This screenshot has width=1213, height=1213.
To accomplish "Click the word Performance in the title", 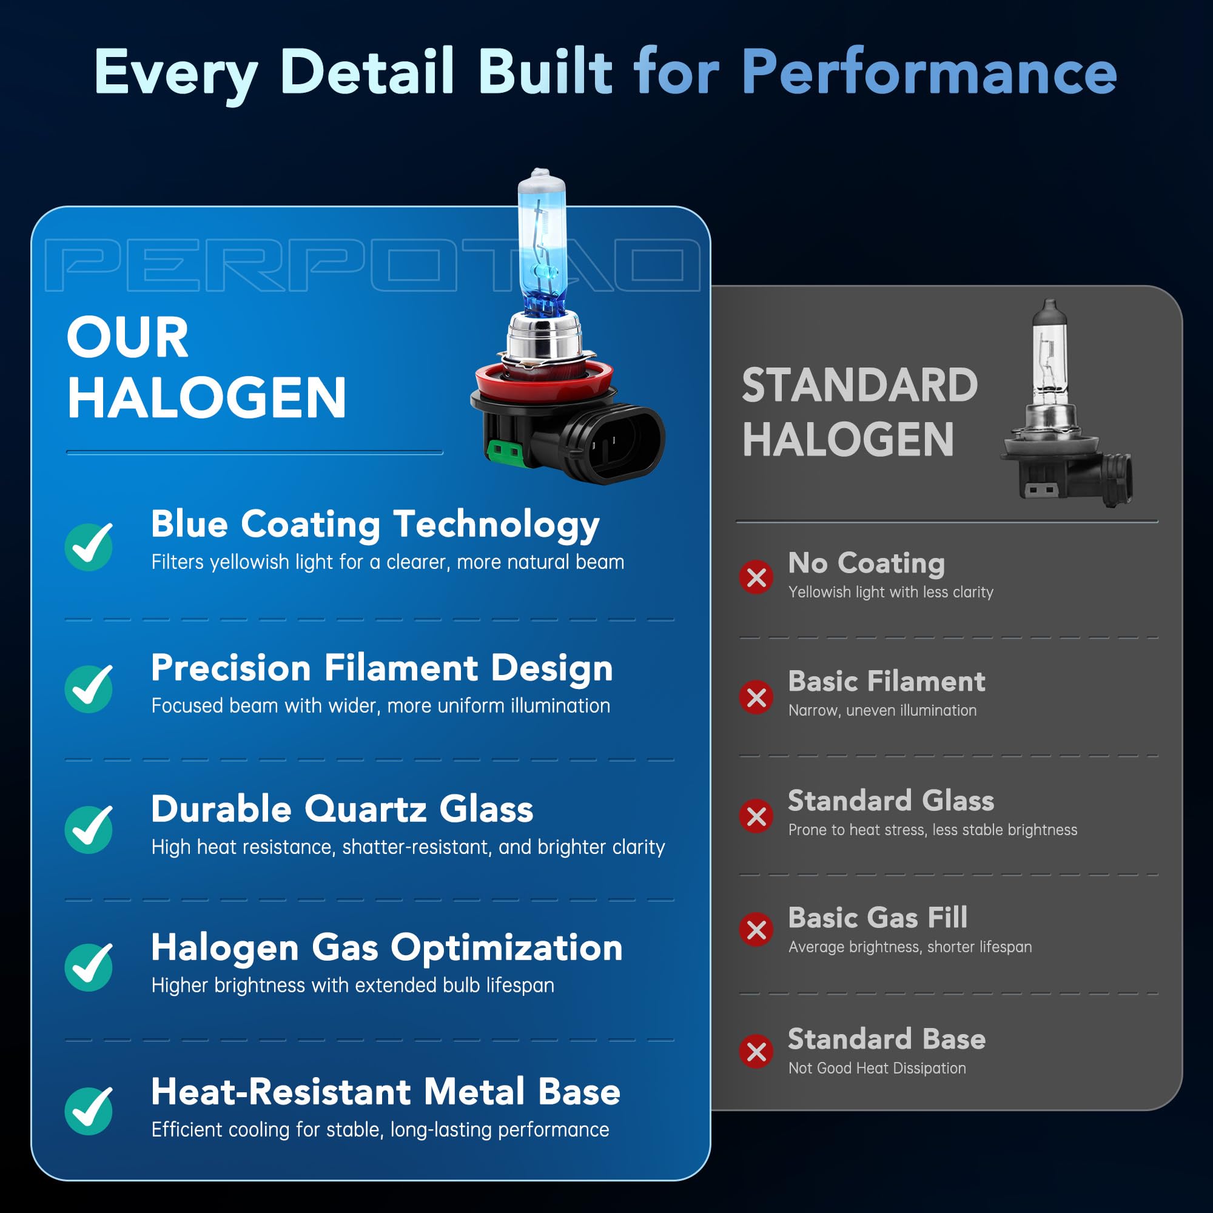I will coord(929,73).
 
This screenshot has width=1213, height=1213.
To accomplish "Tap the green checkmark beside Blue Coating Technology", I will coord(89,546).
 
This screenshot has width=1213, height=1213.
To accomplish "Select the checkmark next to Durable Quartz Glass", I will coord(89,828).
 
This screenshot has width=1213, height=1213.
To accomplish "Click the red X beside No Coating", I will coord(756,577).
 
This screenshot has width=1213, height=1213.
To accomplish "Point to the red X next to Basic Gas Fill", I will coord(756,929).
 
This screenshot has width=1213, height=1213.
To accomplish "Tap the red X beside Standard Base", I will coord(756,1051).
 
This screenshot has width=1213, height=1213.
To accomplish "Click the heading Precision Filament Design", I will coord(381,667).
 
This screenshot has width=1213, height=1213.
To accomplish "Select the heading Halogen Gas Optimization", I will coord(387,947).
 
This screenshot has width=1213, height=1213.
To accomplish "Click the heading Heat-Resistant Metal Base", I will coord(386,1092).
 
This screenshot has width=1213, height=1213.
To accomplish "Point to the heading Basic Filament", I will coord(887,681).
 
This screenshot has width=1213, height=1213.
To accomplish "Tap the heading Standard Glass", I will coord(891,801).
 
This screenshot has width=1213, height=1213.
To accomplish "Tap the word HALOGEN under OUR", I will coord(207,397).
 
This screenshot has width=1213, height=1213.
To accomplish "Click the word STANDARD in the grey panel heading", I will coord(859,385).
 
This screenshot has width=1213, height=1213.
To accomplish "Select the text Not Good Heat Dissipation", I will coord(876,1068).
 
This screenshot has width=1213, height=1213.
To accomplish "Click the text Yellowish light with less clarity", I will coord(890,592).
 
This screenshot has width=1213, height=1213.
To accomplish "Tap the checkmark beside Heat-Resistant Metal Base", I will coord(89,1111).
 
